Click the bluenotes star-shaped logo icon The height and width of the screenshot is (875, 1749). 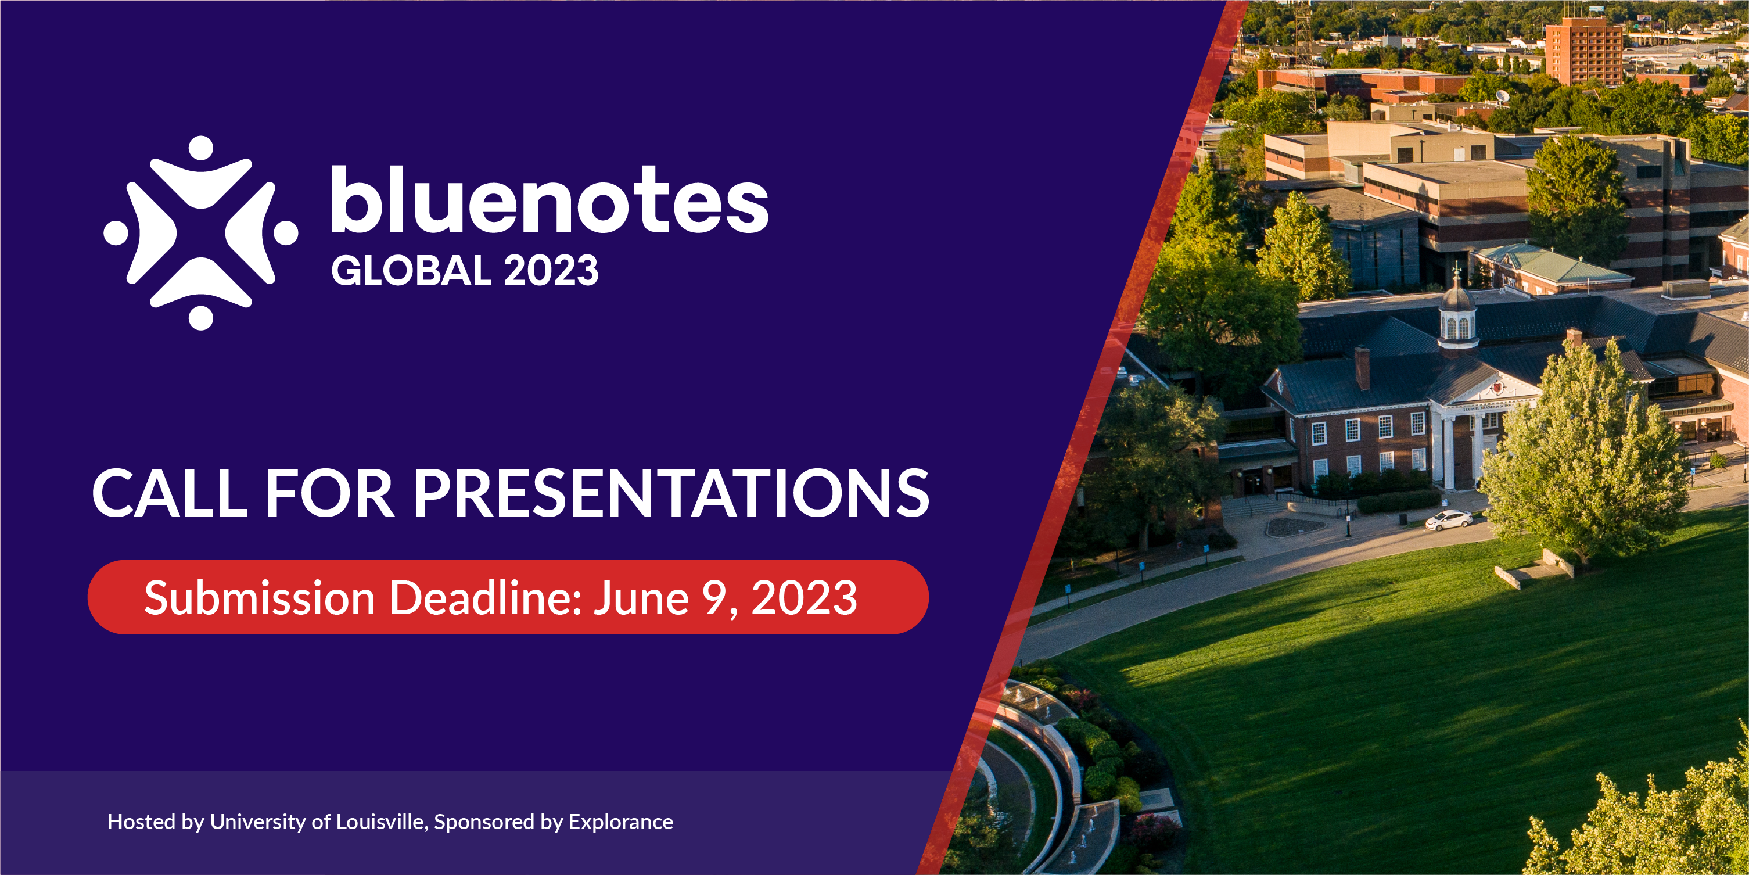click(201, 233)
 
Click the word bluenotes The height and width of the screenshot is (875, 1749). click(550, 199)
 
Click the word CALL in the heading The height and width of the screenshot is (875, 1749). click(170, 493)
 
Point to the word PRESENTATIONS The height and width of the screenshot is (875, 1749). click(671, 493)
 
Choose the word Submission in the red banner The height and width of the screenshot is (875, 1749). click(260, 598)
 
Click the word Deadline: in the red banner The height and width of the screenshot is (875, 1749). click(486, 598)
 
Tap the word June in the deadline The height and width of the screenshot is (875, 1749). click(642, 598)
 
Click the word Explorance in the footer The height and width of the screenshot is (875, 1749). click(620, 822)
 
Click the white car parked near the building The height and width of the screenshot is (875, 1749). click(1448, 521)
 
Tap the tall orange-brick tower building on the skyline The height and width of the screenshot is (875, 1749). click(1583, 52)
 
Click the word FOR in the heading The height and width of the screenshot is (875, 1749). click(329, 493)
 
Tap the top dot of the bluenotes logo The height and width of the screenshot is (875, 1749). click(201, 148)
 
